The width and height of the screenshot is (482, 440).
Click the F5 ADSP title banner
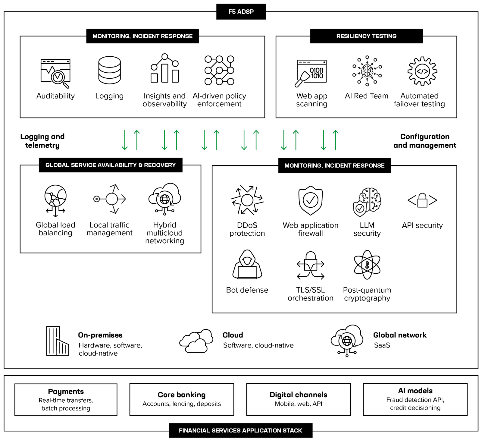point(241,12)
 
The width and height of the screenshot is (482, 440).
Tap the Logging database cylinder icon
point(109,70)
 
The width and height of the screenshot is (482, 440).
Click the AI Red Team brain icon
point(367,71)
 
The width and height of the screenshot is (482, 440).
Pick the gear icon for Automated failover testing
point(422,71)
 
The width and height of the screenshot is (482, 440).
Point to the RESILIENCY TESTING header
point(366,36)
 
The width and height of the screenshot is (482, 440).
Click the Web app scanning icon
point(311,73)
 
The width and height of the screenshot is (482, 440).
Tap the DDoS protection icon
point(247,200)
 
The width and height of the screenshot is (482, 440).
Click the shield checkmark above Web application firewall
point(311,200)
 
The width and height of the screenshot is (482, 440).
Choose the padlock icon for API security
point(422,200)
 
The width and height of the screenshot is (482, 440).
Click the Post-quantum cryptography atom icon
point(367,265)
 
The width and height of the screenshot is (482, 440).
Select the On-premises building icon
point(57,341)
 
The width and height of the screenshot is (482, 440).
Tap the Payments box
point(66,400)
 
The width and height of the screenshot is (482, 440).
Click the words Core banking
point(182,395)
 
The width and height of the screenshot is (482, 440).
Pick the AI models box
point(415,399)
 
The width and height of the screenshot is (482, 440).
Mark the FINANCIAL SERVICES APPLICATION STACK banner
point(240,430)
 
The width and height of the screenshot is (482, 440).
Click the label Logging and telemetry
point(42,141)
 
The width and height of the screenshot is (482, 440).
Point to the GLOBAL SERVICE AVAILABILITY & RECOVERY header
point(111,165)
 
